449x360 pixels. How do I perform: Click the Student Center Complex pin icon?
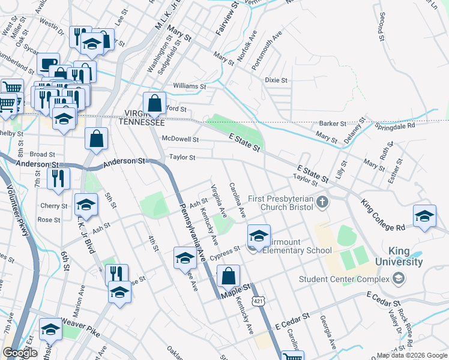click(x=397, y=277)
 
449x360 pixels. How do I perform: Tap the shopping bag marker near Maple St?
click(x=228, y=276)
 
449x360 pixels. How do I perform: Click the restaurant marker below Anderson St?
click(x=58, y=178)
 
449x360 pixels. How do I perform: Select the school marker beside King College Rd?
click(x=424, y=216)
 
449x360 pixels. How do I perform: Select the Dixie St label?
click(x=276, y=80)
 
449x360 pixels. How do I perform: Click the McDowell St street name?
click(x=180, y=139)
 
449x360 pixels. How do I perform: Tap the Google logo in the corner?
click(x=20, y=353)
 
